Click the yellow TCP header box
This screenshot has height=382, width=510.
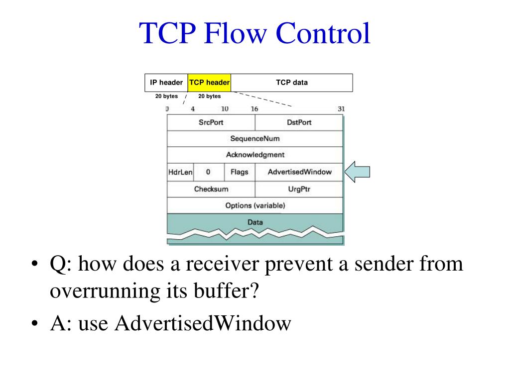click(x=209, y=83)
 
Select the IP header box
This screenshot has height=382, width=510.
click(x=166, y=83)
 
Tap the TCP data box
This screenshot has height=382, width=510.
click(x=292, y=83)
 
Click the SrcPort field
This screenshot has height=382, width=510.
click(x=211, y=122)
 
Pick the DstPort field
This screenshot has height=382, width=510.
click(x=299, y=122)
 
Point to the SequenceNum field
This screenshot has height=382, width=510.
click(x=255, y=139)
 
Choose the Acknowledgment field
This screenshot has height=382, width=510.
click(x=255, y=155)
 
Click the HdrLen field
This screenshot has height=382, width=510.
click(x=180, y=172)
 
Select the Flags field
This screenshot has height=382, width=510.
click(x=239, y=172)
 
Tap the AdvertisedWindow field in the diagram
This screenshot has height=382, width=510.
click(x=299, y=172)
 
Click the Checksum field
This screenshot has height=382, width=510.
click(x=211, y=189)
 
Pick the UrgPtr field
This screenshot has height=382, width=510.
click(x=299, y=189)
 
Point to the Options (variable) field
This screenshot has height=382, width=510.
click(x=255, y=205)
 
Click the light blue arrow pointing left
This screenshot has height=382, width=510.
click(x=357, y=172)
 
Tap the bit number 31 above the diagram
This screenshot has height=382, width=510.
click(x=341, y=108)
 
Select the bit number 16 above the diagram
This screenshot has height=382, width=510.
click(x=255, y=108)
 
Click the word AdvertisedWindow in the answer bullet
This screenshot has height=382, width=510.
click(x=202, y=324)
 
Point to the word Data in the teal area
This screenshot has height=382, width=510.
click(x=255, y=222)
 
